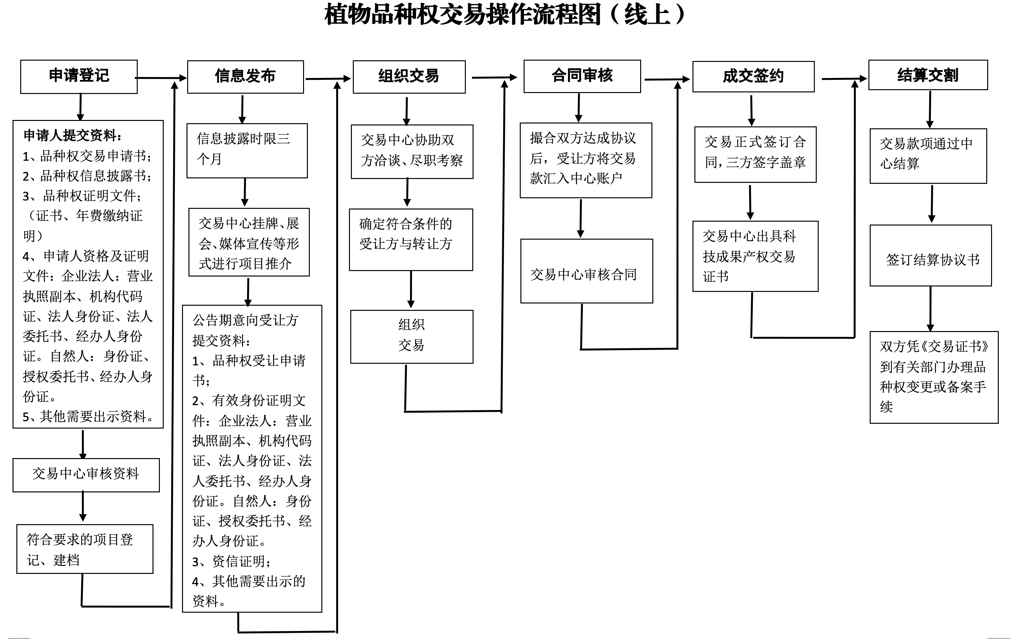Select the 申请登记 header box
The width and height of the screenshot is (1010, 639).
[x=79, y=76]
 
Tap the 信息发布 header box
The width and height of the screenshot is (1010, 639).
[x=245, y=77]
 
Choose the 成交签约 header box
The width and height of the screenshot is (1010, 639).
[x=753, y=77]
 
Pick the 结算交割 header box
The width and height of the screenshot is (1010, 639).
[x=928, y=75]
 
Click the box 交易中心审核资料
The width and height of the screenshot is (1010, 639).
[x=86, y=474]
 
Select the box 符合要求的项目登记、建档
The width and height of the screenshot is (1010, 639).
[x=85, y=549]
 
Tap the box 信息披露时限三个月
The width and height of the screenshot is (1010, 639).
[x=247, y=150]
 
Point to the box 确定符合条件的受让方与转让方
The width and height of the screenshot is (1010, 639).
[x=411, y=239]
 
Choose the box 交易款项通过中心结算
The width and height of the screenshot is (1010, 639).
[x=928, y=156]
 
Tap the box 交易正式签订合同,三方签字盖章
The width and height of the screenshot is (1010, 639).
[x=755, y=154]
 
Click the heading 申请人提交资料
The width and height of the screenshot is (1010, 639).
[x=73, y=135]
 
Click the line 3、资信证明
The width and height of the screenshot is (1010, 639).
[x=231, y=561]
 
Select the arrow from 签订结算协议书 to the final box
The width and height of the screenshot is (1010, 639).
[x=930, y=309]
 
